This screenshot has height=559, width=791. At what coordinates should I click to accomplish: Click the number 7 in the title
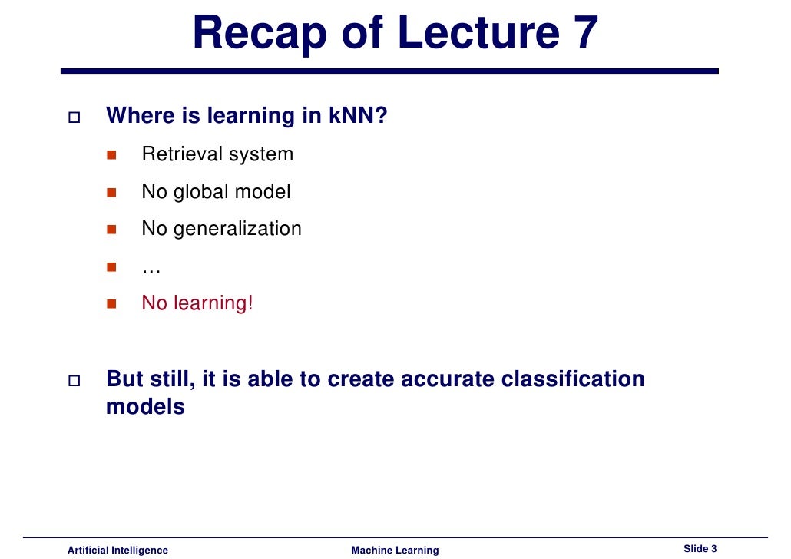(581, 33)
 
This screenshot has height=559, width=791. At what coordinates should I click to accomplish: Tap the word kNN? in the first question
(359, 117)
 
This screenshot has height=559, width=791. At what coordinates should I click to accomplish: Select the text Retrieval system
(217, 154)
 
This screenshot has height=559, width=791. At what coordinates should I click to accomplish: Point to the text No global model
(216, 191)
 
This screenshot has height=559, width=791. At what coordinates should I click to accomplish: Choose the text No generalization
(221, 229)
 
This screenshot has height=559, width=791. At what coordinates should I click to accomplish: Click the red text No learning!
(197, 303)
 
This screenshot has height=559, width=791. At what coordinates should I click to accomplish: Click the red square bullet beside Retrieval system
(111, 154)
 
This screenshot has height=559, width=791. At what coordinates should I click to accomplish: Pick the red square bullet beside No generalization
(111, 229)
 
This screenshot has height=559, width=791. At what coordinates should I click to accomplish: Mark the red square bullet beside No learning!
(111, 303)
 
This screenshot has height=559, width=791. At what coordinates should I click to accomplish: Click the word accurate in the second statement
(445, 379)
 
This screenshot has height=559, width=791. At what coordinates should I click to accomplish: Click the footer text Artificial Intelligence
(117, 550)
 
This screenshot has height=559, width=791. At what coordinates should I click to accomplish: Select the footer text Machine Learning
(395, 550)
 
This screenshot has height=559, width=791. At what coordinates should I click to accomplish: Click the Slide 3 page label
(700, 548)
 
